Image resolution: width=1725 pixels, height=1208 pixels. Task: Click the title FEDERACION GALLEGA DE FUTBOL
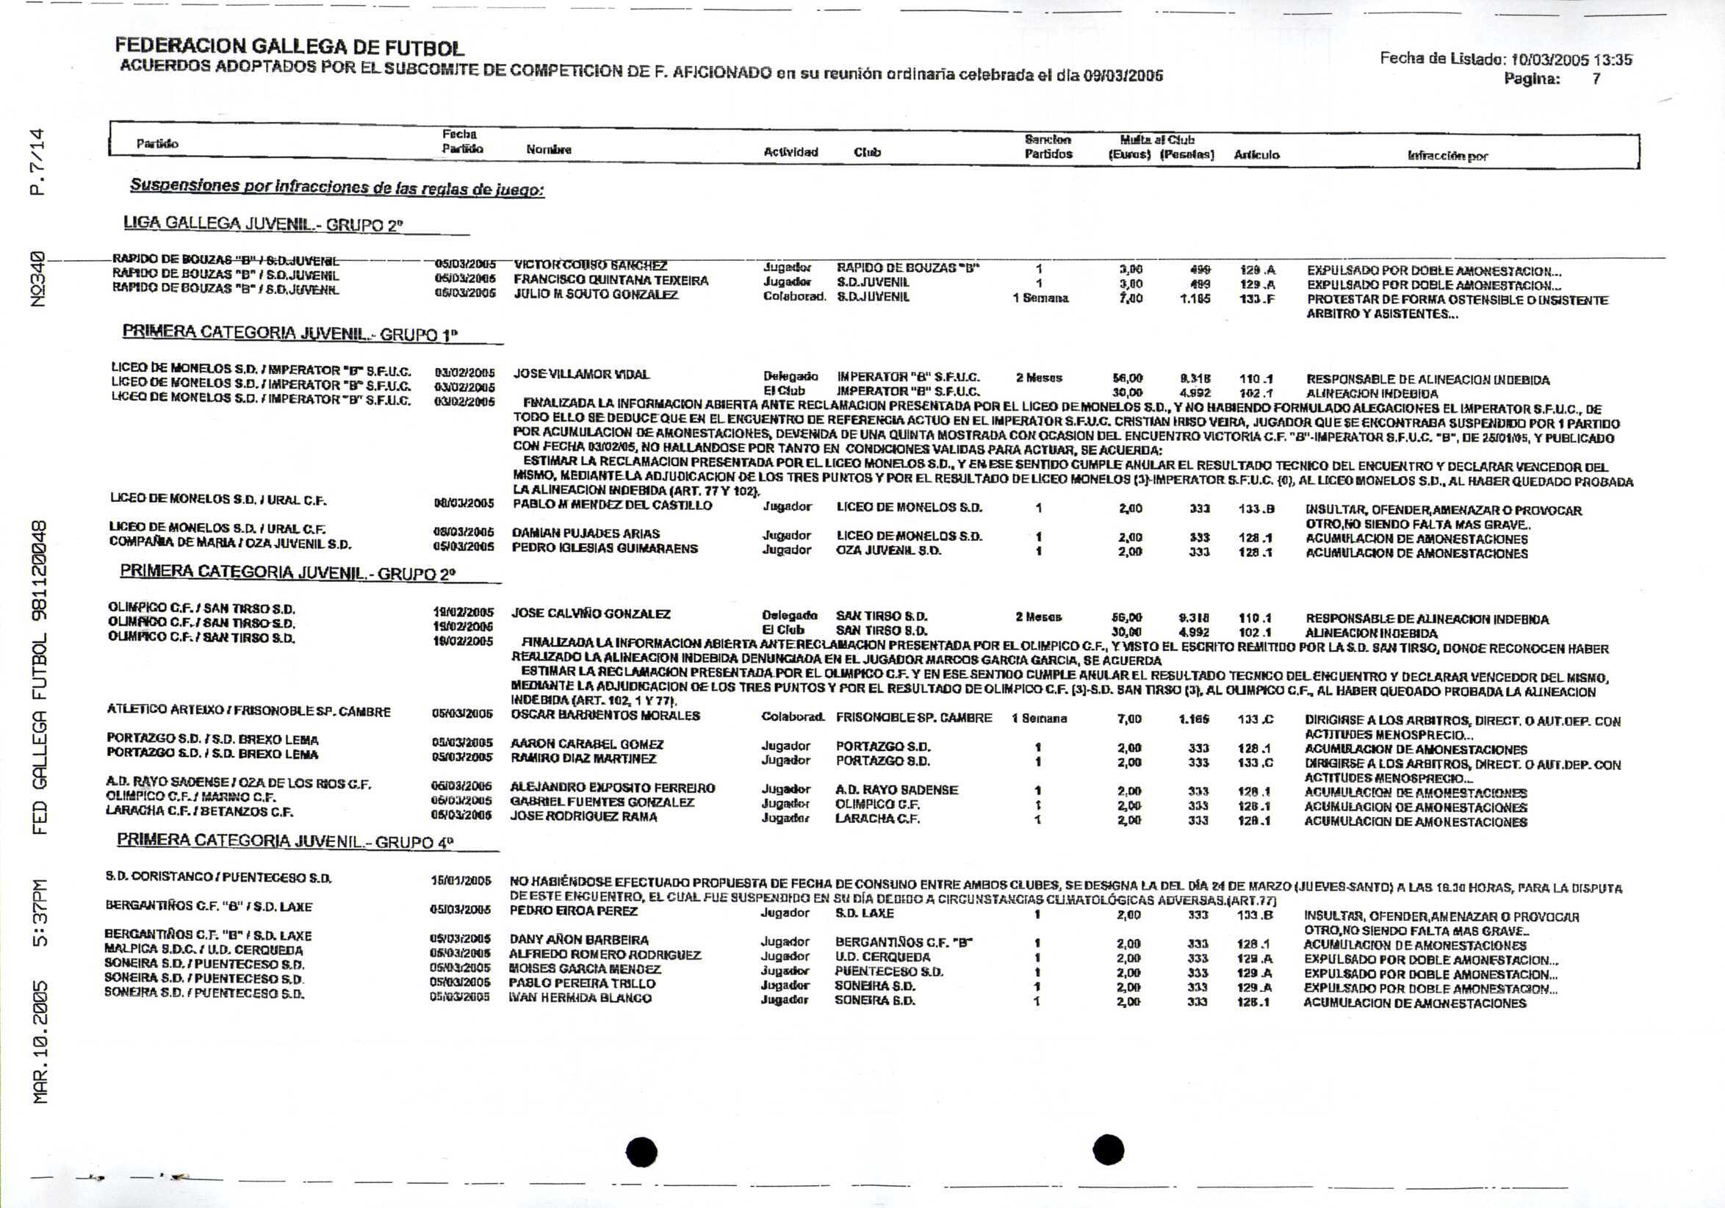[289, 47]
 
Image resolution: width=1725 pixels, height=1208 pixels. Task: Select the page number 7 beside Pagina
[1596, 79]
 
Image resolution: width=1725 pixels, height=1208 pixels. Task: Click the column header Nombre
[549, 149]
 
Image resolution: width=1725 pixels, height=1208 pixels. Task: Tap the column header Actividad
[791, 152]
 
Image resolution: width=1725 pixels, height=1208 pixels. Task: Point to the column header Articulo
[1256, 155]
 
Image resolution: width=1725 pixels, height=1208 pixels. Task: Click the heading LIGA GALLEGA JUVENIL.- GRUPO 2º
[263, 224]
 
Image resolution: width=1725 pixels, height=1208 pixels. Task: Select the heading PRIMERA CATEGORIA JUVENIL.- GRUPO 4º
[285, 841]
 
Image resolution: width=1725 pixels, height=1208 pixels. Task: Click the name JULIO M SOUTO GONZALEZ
[596, 295]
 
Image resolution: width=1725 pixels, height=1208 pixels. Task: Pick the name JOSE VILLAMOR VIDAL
[582, 374]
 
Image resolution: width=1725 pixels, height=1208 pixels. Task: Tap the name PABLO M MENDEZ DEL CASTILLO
[611, 505]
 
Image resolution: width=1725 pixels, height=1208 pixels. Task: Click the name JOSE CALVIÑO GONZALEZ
[591, 614]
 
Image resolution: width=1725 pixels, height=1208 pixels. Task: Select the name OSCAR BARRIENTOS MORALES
[605, 715]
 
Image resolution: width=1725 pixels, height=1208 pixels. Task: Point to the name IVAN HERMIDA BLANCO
[580, 998]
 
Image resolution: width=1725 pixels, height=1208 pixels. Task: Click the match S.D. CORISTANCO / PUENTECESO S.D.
[219, 877]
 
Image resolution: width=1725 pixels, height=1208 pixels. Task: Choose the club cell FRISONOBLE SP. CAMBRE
[914, 717]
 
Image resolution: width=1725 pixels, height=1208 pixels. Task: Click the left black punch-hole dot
[641, 1151]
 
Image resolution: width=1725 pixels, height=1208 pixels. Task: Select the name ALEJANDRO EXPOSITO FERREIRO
[612, 787]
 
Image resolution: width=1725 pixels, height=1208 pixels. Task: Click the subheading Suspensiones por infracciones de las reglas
[336, 187]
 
